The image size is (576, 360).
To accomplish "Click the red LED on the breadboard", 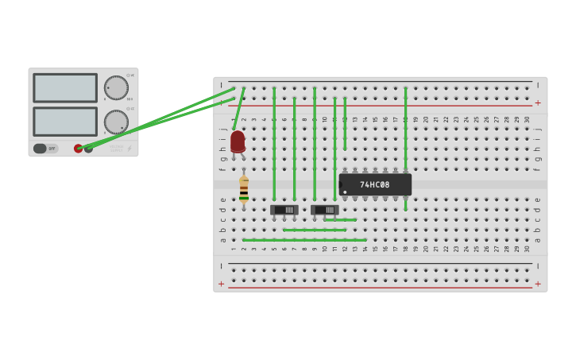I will pyautogui.click(x=238, y=141).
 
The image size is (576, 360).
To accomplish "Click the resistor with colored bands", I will pyautogui.click(x=244, y=189).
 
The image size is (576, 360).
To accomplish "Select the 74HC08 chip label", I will pyautogui.click(x=375, y=184).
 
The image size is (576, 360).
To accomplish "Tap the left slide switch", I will pyautogui.click(x=284, y=210).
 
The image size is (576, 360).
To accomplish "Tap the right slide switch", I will pyautogui.click(x=324, y=210).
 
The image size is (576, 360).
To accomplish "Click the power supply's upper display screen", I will pyautogui.click(x=65, y=87).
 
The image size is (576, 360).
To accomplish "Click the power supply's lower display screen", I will pyautogui.click(x=65, y=121).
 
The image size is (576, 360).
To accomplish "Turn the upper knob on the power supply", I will pyautogui.click(x=116, y=87).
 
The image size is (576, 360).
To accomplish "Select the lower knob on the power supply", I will pyautogui.click(x=116, y=122).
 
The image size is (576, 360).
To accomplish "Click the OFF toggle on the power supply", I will pyautogui.click(x=45, y=148).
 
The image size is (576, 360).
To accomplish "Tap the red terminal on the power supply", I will pyautogui.click(x=78, y=148).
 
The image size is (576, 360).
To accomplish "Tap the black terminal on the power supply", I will pyautogui.click(x=88, y=148).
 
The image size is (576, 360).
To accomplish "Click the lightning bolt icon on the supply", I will pyautogui.click(x=130, y=148).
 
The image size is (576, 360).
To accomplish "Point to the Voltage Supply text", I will pyautogui.click(x=116, y=147).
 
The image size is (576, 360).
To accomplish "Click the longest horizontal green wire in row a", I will pyautogui.click(x=304, y=239).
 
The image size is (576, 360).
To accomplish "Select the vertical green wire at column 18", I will pyautogui.click(x=405, y=119).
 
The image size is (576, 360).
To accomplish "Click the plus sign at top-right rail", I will pyautogui.click(x=538, y=103).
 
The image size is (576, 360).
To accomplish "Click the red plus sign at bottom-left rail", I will pyautogui.click(x=222, y=284).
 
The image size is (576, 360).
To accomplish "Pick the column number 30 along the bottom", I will pyautogui.click(x=527, y=249).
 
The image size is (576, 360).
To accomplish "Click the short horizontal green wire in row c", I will pyautogui.click(x=340, y=219).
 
